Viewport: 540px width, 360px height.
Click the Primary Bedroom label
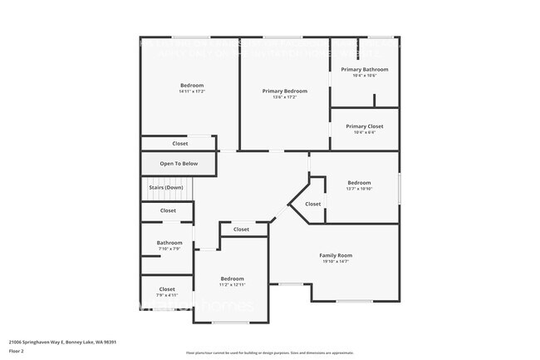click(285, 91)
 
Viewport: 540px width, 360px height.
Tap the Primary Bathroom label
click(365, 69)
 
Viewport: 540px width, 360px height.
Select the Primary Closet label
click(365, 126)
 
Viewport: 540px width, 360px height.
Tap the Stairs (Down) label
click(166, 187)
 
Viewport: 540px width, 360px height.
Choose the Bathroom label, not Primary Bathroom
click(169, 243)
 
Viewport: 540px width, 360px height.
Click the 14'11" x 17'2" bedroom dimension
click(192, 91)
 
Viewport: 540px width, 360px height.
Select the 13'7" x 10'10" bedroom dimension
click(359, 189)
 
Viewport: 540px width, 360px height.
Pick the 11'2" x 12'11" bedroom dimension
click(232, 284)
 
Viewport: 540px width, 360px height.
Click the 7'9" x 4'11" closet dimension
click(167, 295)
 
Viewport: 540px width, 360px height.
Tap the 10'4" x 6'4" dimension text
click(365, 132)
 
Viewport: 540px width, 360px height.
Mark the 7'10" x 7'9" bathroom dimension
click(169, 249)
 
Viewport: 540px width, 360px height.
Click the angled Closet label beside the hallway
click(312, 204)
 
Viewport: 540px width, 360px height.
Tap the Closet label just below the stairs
click(168, 210)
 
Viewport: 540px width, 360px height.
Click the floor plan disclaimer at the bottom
click(269, 353)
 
